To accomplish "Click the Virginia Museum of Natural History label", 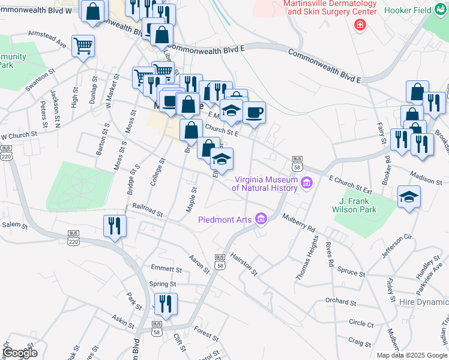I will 266,183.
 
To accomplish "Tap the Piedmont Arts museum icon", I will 261,219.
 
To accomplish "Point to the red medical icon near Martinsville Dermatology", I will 360,25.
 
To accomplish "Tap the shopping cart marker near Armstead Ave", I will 83,46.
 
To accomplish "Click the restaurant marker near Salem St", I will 115,226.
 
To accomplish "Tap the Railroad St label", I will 148,209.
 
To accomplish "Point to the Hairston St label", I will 243,263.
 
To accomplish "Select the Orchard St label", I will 341,301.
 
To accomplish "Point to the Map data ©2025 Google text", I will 411,355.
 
